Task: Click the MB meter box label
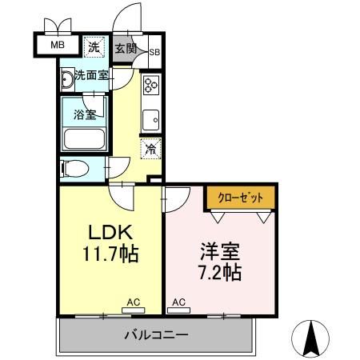coord(58,45)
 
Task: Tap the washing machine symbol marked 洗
coord(94,47)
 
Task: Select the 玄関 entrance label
coord(126,48)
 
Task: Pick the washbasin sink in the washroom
coord(66,80)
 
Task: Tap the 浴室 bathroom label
coord(86,114)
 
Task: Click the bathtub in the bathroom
coord(85,139)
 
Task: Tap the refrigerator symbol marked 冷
coord(150,147)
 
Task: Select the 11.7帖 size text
coord(110,255)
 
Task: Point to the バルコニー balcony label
coord(156,334)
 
